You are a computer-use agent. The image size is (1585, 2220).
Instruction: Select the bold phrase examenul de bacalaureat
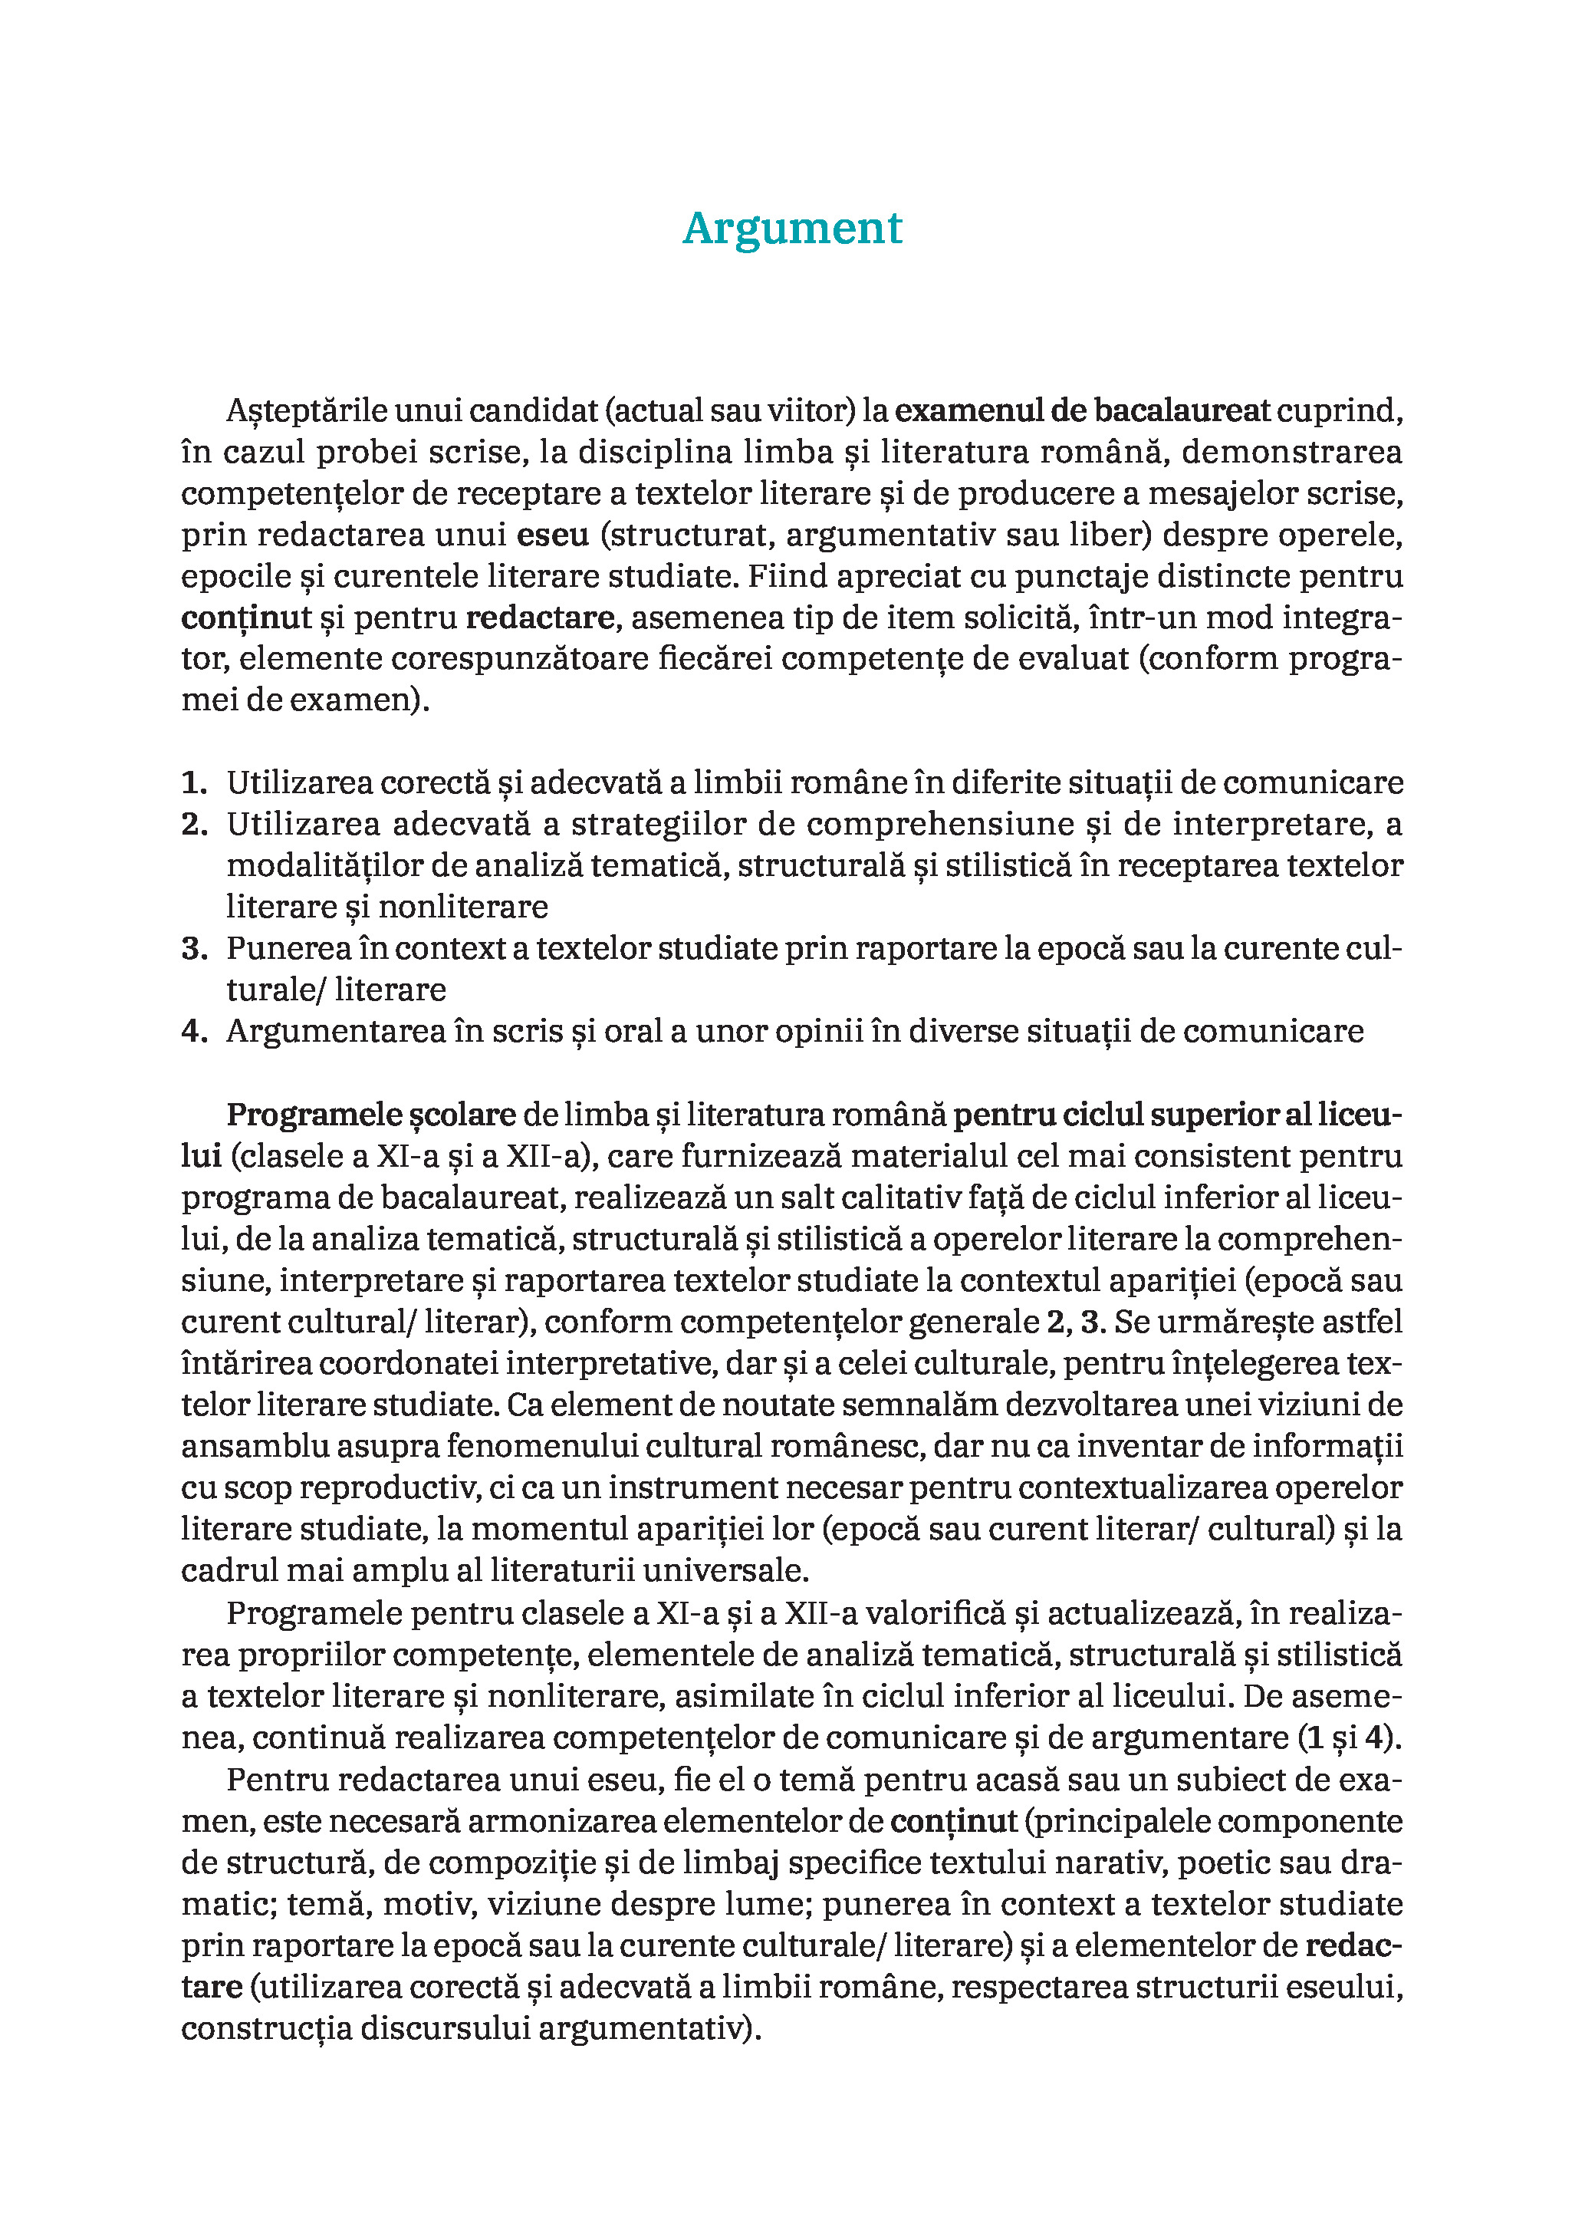pos(1083,411)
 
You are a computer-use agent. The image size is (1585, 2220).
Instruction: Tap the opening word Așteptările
pos(307,411)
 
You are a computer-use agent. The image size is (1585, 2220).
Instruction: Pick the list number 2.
pos(194,825)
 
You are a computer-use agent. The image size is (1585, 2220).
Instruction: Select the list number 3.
pos(194,949)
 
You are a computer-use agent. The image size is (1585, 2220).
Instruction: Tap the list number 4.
pos(194,1032)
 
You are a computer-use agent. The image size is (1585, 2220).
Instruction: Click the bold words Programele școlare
pos(371,1115)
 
